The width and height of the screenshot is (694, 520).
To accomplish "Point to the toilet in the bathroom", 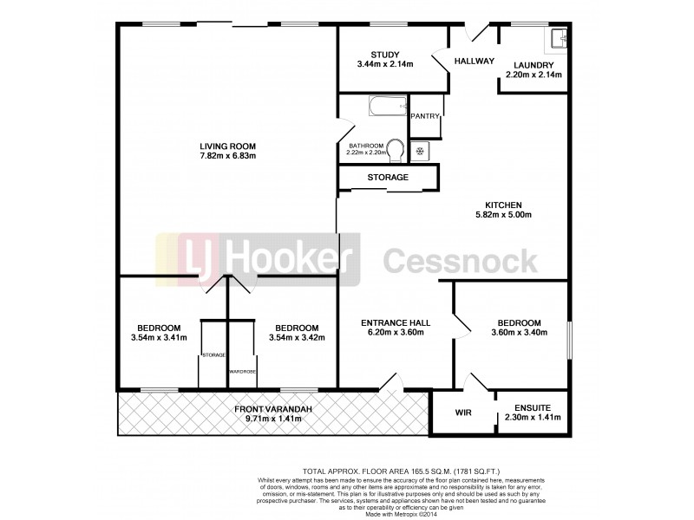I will tap(396, 149).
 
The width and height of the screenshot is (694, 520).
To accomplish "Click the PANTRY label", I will tap(425, 116).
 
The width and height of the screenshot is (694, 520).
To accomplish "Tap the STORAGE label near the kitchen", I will tap(387, 177).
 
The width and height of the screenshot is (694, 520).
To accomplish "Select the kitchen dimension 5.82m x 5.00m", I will tap(502, 215).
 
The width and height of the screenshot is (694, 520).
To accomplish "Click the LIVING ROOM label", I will tap(228, 145).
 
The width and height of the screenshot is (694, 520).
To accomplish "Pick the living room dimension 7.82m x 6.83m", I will tap(228, 156).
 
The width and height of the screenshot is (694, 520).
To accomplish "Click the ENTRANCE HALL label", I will tap(396, 322).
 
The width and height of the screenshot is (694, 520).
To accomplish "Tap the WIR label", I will tap(462, 413).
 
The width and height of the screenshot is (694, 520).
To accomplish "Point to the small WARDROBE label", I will tap(241, 371).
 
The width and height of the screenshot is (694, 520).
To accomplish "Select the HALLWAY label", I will tap(474, 61).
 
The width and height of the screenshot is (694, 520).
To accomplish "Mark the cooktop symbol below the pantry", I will tap(421, 151).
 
